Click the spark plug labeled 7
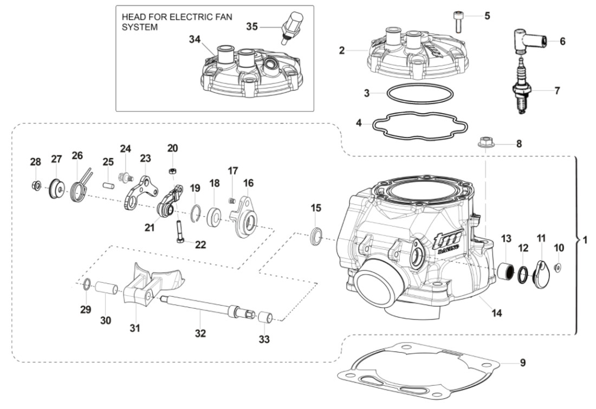521,89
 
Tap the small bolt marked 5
458,22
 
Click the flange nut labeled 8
485,144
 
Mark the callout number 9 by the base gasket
522,363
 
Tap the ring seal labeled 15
315,236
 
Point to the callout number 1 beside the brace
584,239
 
